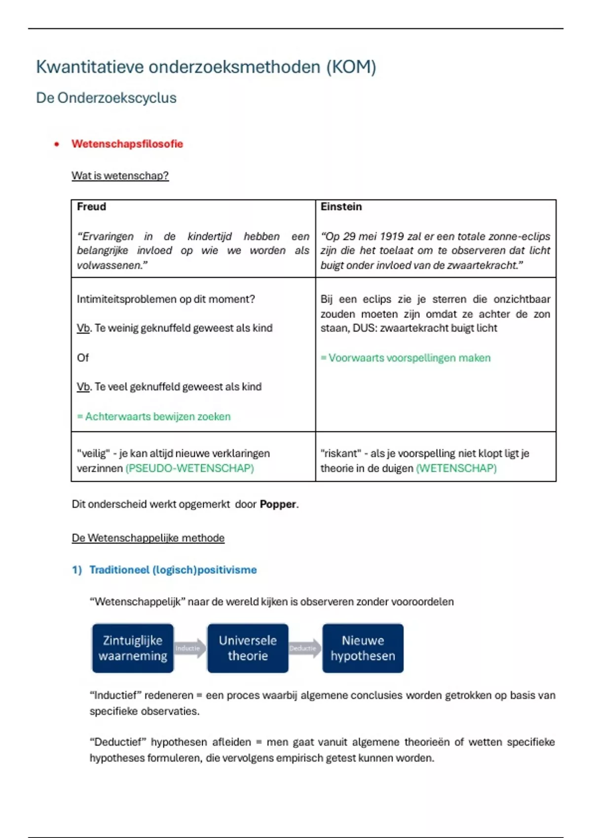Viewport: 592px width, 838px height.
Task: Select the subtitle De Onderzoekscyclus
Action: (106, 98)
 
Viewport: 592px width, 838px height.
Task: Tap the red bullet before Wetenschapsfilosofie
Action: (57, 144)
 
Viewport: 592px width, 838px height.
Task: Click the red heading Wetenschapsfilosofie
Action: (127, 144)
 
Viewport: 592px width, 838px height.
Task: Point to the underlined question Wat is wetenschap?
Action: (120, 176)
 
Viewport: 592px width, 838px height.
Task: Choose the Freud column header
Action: (92, 207)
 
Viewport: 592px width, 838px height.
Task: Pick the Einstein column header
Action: (341, 207)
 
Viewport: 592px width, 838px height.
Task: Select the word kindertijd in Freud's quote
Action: (209, 237)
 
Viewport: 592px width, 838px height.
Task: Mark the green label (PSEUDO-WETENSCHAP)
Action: (190, 468)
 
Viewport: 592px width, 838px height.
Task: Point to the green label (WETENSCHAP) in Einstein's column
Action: (456, 468)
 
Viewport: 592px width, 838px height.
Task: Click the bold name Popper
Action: (278, 504)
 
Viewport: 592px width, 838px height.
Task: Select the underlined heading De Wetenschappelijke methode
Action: (148, 538)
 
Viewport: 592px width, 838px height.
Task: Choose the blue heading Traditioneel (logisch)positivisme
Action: (173, 570)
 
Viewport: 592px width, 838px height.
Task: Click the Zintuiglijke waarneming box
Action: (133, 648)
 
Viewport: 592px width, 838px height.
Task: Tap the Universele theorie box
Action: (248, 648)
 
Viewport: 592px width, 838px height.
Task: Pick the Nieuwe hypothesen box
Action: (363, 648)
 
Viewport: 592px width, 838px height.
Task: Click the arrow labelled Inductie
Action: (189, 648)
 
